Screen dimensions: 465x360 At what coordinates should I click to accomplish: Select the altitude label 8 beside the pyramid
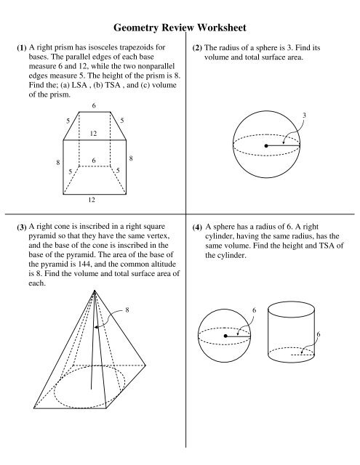click(128, 310)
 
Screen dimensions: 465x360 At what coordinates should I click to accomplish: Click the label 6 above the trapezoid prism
click(94, 106)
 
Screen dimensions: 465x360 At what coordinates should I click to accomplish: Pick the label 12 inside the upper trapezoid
click(94, 133)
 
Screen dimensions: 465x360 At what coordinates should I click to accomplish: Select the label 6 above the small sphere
click(254, 310)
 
